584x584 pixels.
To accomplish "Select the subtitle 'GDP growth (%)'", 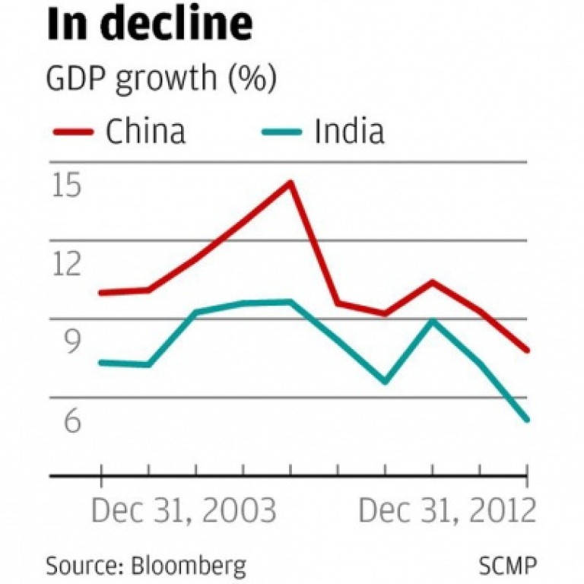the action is (x=161, y=79).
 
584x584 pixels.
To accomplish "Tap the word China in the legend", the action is (x=145, y=132).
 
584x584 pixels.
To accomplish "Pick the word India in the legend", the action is (x=349, y=132).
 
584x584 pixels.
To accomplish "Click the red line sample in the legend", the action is (x=73, y=132).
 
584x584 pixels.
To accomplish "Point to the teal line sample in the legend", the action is (x=281, y=132).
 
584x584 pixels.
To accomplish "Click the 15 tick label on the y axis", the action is (x=67, y=185).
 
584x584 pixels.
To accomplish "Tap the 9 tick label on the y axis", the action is (x=72, y=342).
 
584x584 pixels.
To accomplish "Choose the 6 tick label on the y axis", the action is (x=72, y=420).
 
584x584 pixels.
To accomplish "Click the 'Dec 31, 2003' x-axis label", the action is (x=183, y=510).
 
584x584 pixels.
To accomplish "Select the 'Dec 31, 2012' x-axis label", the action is (x=447, y=510).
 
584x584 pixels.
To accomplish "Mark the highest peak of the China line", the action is (x=291, y=182).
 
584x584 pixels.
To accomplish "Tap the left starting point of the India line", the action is (x=100, y=363).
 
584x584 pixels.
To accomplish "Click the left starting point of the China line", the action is (x=100, y=293).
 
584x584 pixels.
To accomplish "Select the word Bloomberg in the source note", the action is (x=189, y=566).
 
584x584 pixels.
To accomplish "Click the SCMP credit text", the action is (x=508, y=566).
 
